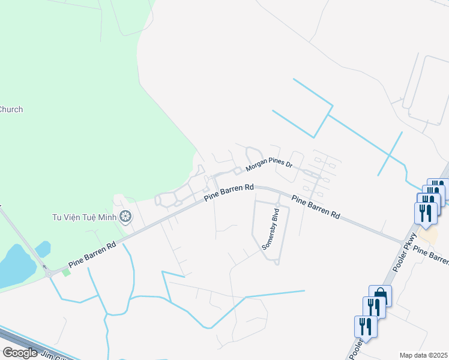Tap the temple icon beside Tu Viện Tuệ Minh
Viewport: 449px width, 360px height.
pyautogui.click(x=125, y=216)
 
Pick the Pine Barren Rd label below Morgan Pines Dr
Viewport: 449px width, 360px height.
pyautogui.click(x=229, y=193)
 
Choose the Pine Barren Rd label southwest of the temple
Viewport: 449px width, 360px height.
pyautogui.click(x=92, y=255)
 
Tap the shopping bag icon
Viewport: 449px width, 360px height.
pyautogui.click(x=380, y=295)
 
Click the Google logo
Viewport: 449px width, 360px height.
pyautogui.click(x=20, y=353)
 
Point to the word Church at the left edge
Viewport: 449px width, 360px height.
pyautogui.click(x=11, y=109)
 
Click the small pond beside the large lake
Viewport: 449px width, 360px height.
pyautogui.click(x=43, y=248)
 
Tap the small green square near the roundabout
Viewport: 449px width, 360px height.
pyautogui.click(x=66, y=272)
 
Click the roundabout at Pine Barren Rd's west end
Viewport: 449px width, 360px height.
pyautogui.click(x=48, y=273)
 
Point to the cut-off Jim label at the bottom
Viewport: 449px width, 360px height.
pyautogui.click(x=49, y=355)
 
